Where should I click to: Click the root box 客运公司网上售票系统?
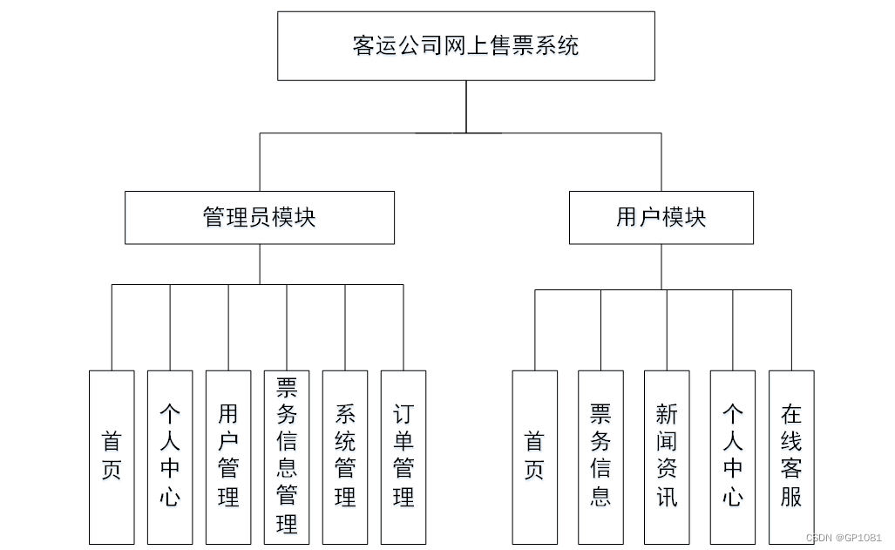click(x=466, y=45)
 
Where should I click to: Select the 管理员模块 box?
click(x=259, y=218)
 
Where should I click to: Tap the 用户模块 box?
click(x=661, y=218)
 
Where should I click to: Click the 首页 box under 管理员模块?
click(x=112, y=457)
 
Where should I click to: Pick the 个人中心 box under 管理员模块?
click(x=170, y=457)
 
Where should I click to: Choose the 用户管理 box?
click(x=228, y=457)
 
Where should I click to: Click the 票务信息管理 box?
click(x=287, y=457)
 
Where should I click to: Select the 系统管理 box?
click(x=345, y=457)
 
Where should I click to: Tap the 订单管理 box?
click(x=403, y=457)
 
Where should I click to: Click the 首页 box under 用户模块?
click(x=534, y=457)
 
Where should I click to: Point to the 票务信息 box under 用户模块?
click(x=600, y=457)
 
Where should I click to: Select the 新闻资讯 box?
click(x=667, y=457)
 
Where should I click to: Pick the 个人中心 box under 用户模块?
click(x=733, y=457)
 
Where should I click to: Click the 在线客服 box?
click(x=791, y=457)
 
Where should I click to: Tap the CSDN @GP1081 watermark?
click(x=844, y=538)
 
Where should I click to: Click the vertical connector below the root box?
click(x=466, y=106)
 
